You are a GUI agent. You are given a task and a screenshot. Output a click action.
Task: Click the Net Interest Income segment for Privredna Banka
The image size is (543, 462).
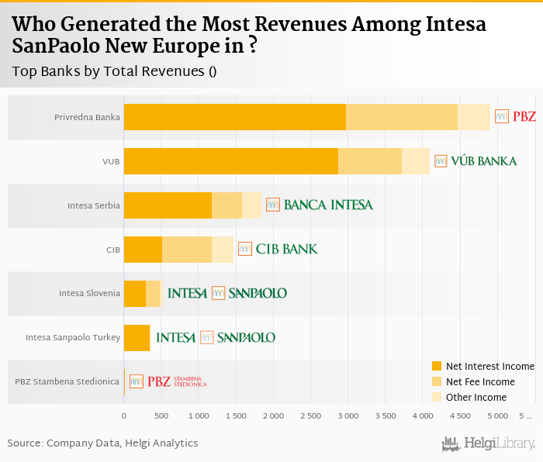(234, 117)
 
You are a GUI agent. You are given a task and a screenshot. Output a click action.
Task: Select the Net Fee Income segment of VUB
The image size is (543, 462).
(370, 161)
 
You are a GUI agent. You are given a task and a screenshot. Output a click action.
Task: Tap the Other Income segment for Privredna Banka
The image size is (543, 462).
(473, 117)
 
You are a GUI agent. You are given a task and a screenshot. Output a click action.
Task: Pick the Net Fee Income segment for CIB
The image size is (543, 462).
(187, 250)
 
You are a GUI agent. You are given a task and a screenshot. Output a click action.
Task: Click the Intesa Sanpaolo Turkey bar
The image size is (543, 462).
(137, 338)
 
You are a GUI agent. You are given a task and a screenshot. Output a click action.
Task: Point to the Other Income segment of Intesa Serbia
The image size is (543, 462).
(251, 205)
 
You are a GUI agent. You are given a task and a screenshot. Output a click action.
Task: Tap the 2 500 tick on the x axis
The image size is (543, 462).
(310, 416)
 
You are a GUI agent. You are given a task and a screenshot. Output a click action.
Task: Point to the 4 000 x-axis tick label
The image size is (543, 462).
(423, 416)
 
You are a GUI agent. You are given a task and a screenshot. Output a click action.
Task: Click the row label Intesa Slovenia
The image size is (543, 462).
(89, 294)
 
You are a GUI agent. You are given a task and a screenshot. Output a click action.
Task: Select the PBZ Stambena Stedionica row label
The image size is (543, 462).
(67, 381)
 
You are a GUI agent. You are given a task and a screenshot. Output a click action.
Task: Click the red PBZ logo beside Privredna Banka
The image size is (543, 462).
(515, 117)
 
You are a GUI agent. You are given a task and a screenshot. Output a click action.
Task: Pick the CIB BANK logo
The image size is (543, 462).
(277, 249)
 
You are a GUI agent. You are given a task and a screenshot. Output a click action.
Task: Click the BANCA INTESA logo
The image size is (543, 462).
(320, 205)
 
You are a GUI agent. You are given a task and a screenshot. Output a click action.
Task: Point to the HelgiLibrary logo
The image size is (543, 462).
(488, 443)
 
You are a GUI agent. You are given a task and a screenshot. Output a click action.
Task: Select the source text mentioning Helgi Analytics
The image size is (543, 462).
(102, 443)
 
